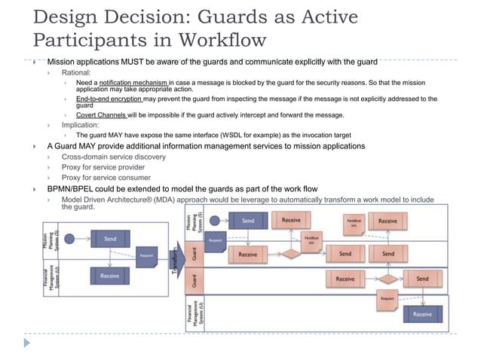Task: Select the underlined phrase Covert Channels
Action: coord(101,115)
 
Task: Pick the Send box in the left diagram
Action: coord(110,238)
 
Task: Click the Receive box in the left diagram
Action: coord(110,276)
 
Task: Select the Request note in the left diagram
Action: coord(147,255)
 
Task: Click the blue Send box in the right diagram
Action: coord(249,221)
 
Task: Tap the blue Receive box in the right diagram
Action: coord(423,314)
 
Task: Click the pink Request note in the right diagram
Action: coord(387,298)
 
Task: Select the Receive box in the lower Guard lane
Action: coord(345,279)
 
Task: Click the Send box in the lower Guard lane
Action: coord(422,279)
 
